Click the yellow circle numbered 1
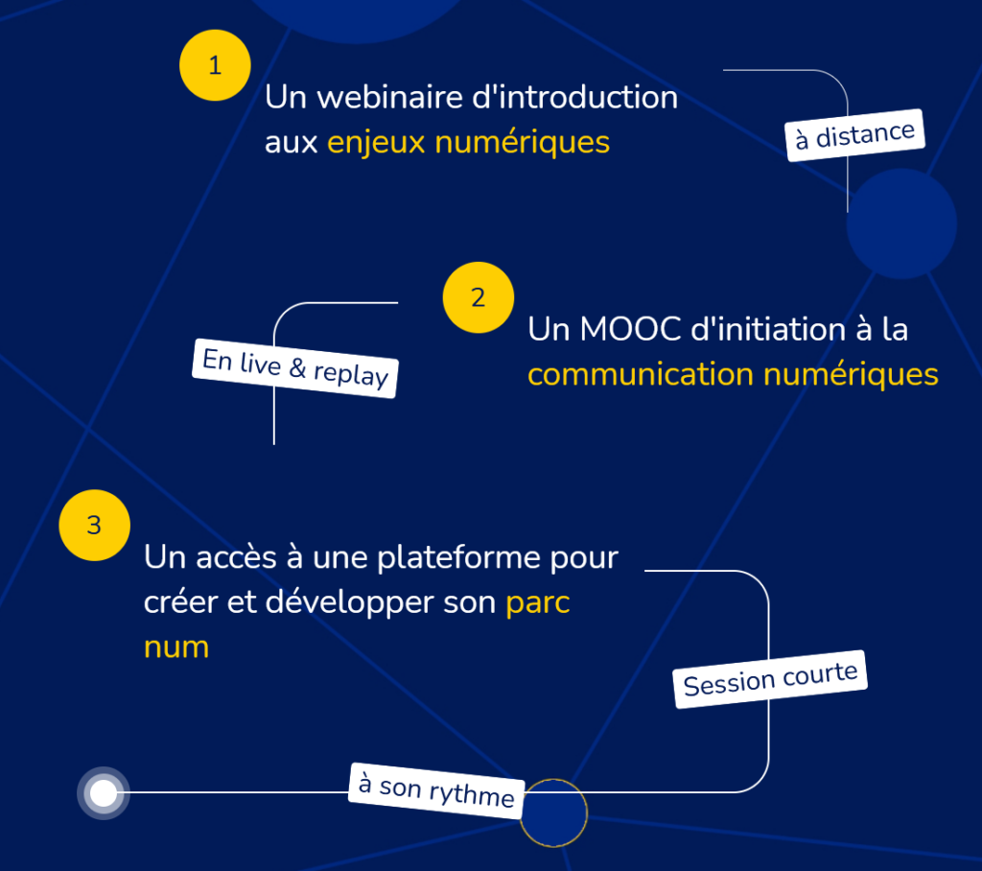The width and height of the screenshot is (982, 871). pos(215,66)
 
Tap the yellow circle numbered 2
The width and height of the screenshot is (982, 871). pos(479,297)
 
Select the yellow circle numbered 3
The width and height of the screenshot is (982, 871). pos(94,526)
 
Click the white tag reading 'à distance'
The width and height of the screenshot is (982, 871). pos(855,135)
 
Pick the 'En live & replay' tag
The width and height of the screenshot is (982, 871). pos(295,367)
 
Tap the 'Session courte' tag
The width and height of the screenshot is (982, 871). pos(771,679)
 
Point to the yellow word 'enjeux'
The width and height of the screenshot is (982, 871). pos(377,143)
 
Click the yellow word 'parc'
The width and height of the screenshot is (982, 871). pos(538,602)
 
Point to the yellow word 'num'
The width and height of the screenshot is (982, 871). pos(176,647)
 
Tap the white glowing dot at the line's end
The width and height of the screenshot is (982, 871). pos(104,793)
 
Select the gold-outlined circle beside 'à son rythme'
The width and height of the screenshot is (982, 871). pos(553,813)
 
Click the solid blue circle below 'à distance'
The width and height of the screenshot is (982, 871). pos(901,224)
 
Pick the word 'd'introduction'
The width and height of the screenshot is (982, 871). pos(567,98)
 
